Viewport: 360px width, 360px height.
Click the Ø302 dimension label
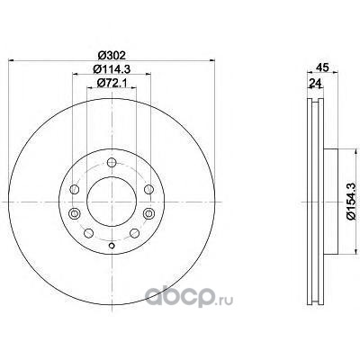(112, 56)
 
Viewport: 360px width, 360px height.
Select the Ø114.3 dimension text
(112, 69)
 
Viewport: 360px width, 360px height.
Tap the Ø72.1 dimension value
(112, 82)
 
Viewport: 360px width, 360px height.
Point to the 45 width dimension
(323, 67)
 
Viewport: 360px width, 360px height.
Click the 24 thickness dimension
(315, 82)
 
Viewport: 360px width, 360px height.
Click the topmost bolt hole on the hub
(112, 163)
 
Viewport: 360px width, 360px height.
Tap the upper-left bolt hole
(74, 189)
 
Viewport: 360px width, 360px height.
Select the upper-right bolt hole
(148, 189)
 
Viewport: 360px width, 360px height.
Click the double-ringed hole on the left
(74, 213)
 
